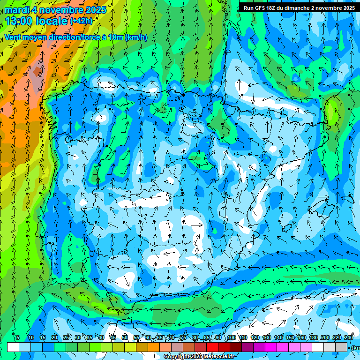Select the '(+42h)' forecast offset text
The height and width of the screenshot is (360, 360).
81,21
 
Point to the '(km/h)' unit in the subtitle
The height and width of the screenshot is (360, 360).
136,37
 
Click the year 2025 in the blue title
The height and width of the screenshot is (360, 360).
94,10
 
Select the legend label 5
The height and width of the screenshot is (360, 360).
18,337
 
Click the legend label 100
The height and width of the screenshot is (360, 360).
231,337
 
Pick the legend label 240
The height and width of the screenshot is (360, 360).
349,337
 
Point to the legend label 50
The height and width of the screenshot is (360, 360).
125,337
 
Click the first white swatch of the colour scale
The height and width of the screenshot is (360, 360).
13,347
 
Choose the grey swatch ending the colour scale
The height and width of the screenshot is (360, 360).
342,347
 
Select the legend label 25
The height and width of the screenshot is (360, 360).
66,337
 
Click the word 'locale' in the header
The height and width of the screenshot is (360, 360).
51,21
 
